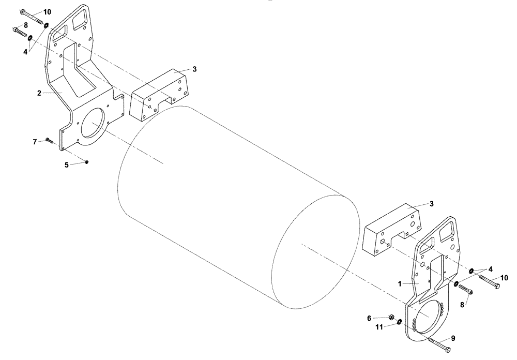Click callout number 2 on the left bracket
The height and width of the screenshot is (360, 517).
(x=39, y=93)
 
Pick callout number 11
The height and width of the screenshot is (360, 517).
(x=379, y=327)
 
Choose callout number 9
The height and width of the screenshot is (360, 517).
(x=453, y=338)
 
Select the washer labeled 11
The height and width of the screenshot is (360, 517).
(x=400, y=323)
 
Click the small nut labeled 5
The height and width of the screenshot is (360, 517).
(x=87, y=162)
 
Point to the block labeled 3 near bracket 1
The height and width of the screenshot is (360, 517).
(x=390, y=230)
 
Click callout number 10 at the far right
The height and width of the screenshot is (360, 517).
(x=504, y=277)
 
